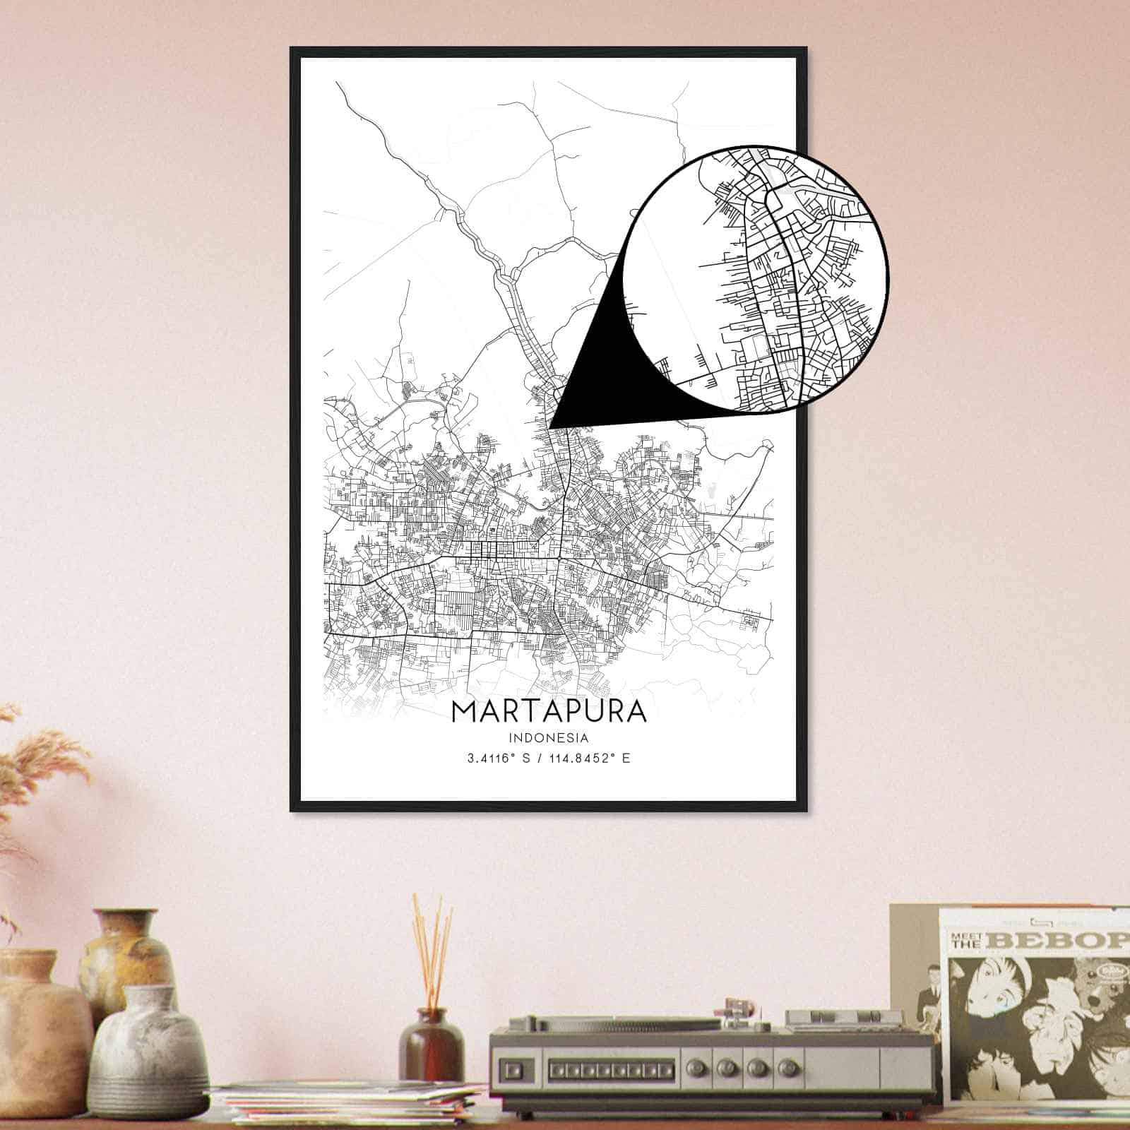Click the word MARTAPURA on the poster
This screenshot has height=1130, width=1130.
[549, 710]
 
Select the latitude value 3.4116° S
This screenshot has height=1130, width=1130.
[498, 759]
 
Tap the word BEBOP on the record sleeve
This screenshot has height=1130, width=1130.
[1070, 940]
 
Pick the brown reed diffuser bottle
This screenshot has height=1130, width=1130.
[432, 1045]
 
